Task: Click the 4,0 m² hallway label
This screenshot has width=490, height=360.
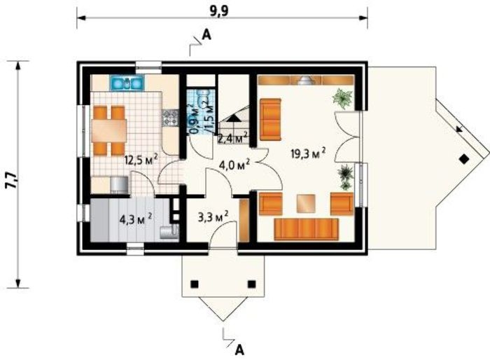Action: click(x=234, y=167)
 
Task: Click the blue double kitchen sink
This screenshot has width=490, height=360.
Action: click(x=128, y=83)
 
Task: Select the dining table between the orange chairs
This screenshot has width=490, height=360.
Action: click(x=109, y=130)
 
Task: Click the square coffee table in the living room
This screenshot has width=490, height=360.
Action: click(x=306, y=203)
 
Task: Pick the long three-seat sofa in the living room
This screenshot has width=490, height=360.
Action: click(x=306, y=230)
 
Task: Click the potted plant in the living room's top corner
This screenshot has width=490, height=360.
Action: click(x=343, y=97)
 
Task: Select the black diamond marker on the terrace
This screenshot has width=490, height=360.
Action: click(x=463, y=158)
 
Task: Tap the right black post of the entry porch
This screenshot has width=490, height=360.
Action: click(x=252, y=284)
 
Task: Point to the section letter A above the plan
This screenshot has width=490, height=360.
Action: click(x=206, y=33)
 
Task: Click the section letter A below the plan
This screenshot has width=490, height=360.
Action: click(x=240, y=348)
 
